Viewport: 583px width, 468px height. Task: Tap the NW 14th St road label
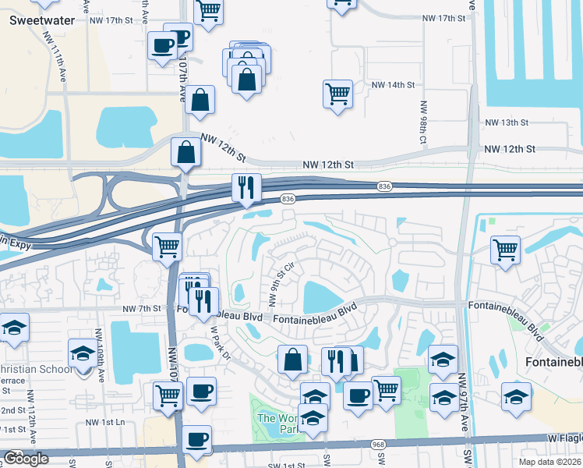(x=393, y=84)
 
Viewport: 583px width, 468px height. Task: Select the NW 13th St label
(x=507, y=123)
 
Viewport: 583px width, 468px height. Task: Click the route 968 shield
(x=379, y=444)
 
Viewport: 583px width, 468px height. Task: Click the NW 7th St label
(x=141, y=309)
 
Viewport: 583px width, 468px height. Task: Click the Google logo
(x=26, y=459)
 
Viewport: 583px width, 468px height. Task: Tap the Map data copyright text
(x=550, y=462)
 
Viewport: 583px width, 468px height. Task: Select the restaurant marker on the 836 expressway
(x=246, y=188)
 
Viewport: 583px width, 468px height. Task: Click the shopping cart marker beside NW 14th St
(x=337, y=94)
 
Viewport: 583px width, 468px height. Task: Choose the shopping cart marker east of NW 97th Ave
(x=506, y=250)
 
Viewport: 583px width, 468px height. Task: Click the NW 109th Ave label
(x=100, y=346)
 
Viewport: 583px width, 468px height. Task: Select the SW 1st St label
(x=286, y=466)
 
